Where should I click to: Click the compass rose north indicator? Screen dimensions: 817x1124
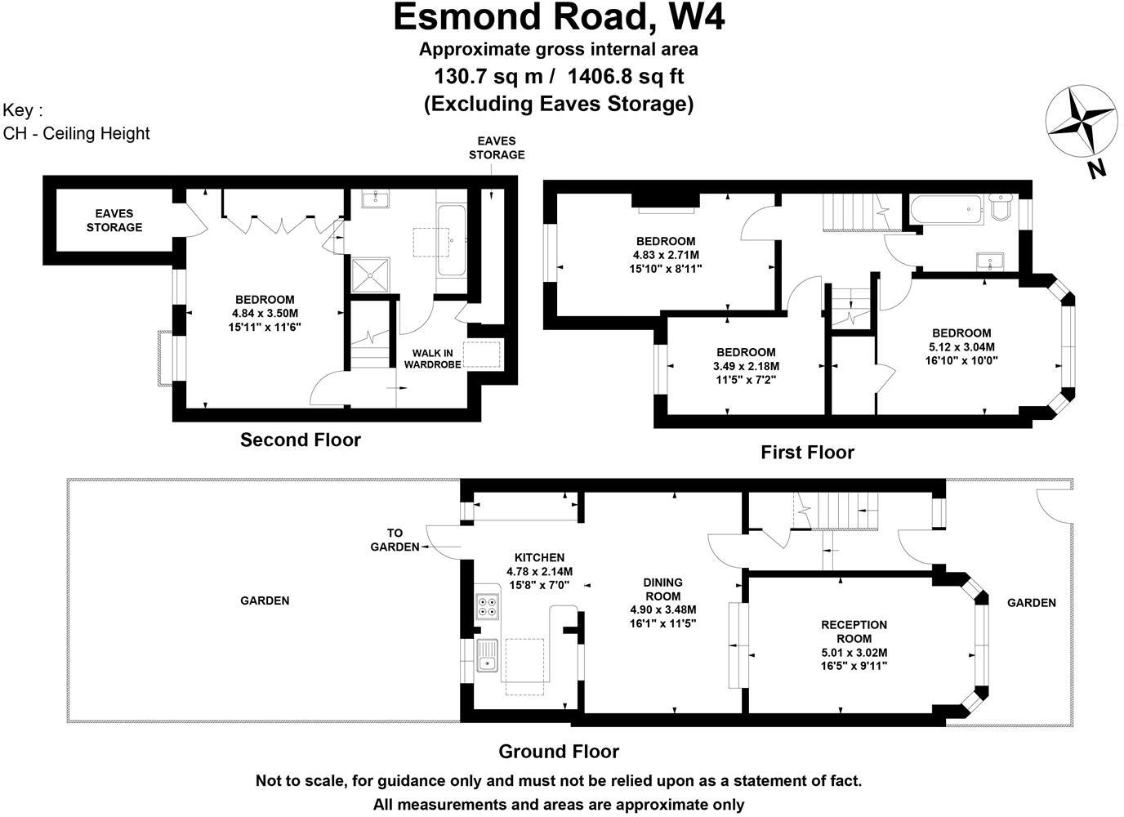tap(1080, 121)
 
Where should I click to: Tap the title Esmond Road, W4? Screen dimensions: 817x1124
tap(559, 17)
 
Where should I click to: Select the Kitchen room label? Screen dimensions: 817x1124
tap(539, 558)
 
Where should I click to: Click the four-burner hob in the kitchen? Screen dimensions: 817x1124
tap(488, 605)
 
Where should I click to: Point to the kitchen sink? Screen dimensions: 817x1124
tap(488, 654)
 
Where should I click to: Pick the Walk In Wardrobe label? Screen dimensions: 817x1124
tap(432, 359)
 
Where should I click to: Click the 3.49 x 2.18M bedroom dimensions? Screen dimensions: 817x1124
tap(746, 366)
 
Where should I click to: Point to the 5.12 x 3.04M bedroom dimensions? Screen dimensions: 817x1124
tap(961, 346)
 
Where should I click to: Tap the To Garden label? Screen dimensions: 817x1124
tap(396, 540)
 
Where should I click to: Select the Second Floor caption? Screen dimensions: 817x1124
tap(300, 440)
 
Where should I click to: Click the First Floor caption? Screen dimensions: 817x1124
tap(807, 452)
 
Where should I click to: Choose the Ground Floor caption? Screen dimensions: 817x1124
tap(559, 752)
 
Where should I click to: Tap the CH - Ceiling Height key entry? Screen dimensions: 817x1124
tap(77, 133)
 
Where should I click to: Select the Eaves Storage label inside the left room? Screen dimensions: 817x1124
tap(114, 221)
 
